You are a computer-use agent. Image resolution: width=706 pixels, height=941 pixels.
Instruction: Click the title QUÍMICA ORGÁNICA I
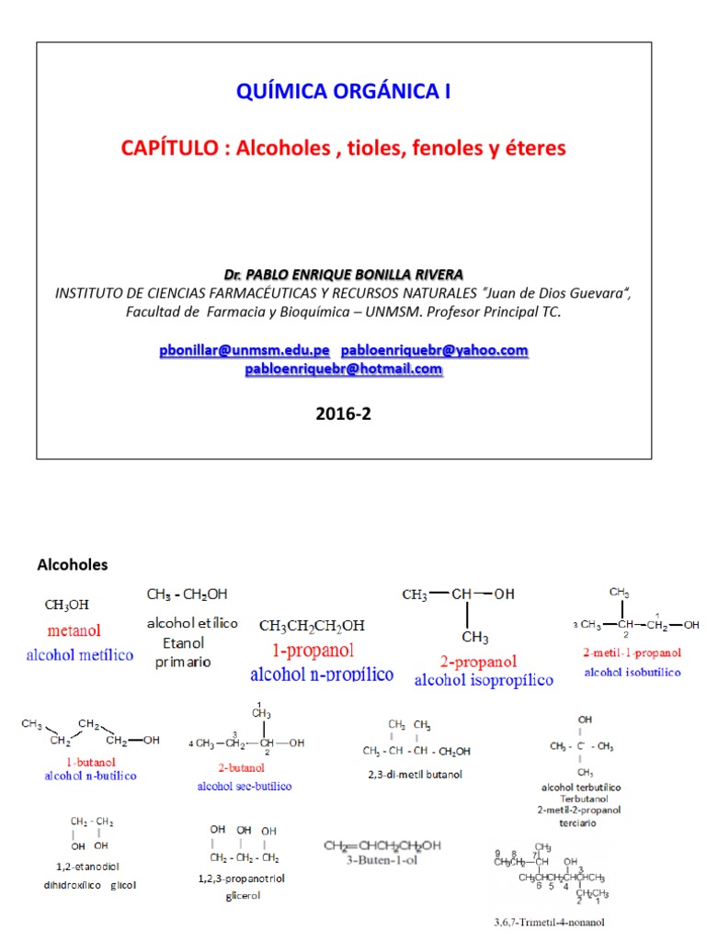tap(344, 92)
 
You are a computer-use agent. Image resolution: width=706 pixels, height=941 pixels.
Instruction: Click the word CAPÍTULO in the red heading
tap(169, 148)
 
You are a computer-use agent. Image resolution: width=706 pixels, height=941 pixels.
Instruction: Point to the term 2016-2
tap(344, 414)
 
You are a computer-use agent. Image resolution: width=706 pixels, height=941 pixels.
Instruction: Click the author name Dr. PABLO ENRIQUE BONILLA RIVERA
tap(344, 275)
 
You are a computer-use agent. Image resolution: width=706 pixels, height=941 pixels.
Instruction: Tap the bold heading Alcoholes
tap(72, 564)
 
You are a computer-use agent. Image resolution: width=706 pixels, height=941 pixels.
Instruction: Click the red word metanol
tap(74, 631)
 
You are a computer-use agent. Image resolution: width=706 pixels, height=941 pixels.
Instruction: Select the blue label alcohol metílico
tap(79, 655)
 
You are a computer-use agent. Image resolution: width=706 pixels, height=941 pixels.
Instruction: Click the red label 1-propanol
tap(313, 651)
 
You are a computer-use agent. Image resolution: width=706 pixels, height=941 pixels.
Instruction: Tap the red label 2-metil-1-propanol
tap(632, 653)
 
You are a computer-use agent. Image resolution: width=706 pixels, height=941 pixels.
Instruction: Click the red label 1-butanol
tap(88, 763)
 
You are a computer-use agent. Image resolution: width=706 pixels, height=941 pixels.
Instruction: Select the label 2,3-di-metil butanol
tap(414, 774)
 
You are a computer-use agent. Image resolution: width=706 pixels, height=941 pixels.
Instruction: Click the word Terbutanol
tap(580, 799)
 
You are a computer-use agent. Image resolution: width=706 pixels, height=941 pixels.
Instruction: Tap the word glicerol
tap(243, 895)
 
